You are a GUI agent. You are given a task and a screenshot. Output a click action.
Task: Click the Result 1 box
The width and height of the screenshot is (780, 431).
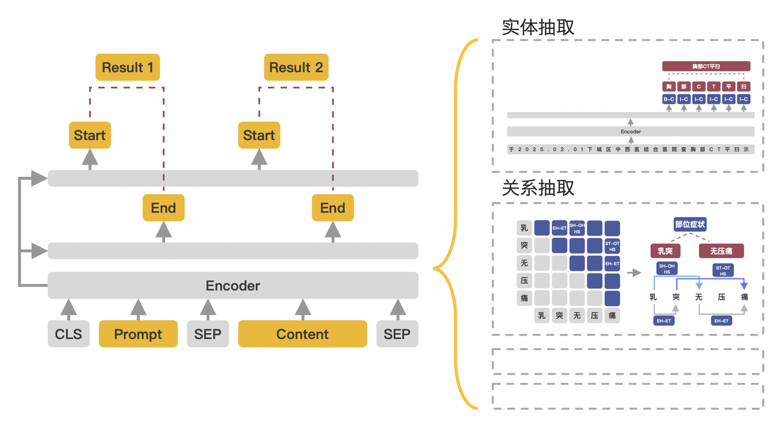[x=128, y=68]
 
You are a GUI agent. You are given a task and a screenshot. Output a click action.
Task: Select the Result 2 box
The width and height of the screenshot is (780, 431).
[x=296, y=68]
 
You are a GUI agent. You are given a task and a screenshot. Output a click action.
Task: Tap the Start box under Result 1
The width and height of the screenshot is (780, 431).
[x=90, y=135]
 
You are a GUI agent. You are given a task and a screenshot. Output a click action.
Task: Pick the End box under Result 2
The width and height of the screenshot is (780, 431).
[x=333, y=208]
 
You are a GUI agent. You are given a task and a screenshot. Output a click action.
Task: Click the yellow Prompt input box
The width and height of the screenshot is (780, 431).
[x=138, y=334]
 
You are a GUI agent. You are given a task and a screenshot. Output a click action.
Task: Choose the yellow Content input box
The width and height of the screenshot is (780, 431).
[x=302, y=334]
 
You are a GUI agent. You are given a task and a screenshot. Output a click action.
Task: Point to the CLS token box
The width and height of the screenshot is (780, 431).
[x=69, y=334]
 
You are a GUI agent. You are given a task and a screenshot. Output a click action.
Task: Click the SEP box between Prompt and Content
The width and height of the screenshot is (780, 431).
[x=208, y=334]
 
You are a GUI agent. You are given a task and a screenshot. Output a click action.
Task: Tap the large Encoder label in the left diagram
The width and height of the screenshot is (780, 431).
[x=233, y=285]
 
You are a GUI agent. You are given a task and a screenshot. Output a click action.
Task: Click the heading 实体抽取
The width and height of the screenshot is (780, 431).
[x=538, y=28]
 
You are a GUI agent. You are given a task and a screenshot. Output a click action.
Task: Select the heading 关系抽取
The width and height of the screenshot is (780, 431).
[x=538, y=188]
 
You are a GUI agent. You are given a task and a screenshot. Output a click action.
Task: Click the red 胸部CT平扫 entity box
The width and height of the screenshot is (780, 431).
[x=706, y=66]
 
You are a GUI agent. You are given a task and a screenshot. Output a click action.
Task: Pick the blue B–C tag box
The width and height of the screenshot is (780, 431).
[x=669, y=99]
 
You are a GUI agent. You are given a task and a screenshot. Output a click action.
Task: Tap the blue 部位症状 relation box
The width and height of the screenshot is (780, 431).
[x=690, y=224]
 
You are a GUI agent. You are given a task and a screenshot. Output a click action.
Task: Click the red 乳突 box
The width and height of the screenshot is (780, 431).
[x=666, y=251]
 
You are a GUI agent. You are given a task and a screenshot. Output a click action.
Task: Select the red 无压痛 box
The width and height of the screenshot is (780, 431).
[x=721, y=251]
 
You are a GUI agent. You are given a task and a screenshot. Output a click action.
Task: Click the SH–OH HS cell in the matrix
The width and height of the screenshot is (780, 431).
[x=577, y=228]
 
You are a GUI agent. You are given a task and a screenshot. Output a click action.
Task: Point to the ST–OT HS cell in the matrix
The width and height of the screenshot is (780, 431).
[x=612, y=246]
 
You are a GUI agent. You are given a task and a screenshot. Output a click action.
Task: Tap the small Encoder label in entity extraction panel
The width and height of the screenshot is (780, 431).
[x=630, y=132]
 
